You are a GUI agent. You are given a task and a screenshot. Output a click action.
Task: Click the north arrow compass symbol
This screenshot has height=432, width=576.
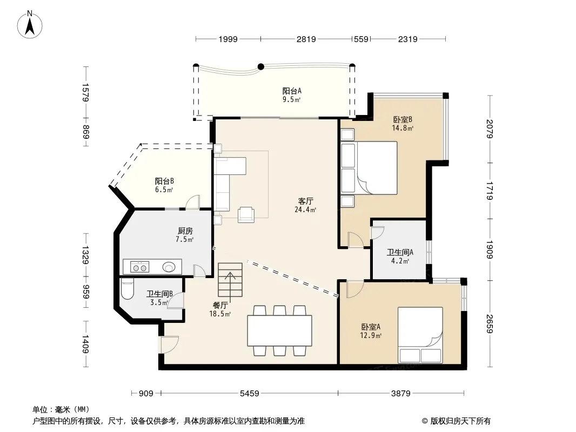pyautogui.click(x=30, y=25)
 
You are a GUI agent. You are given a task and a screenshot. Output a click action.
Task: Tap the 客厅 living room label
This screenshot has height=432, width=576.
pyautogui.click(x=305, y=201)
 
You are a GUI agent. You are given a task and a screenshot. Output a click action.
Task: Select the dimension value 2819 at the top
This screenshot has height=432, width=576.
pyautogui.click(x=306, y=39)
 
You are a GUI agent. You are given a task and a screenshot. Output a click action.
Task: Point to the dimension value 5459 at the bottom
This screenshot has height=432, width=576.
pyautogui.click(x=250, y=394)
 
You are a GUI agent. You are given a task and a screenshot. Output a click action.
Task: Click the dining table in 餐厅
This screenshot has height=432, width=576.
pyautogui.click(x=279, y=330)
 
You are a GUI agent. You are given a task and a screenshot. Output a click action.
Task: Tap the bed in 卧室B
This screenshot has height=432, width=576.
pyautogui.click(x=370, y=168)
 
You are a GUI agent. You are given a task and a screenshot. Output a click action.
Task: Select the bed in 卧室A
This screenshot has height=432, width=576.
pyautogui.click(x=420, y=335)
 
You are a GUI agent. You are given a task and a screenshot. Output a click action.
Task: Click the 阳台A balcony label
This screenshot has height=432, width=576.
pyautogui.click(x=292, y=91)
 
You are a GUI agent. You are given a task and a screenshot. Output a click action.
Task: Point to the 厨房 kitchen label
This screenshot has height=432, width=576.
pyautogui.click(x=185, y=231)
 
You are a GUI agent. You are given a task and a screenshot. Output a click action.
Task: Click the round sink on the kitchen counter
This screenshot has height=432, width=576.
pyautogui.click(x=169, y=267)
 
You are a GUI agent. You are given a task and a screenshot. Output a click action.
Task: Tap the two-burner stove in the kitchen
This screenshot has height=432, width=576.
pyautogui.click(x=139, y=267)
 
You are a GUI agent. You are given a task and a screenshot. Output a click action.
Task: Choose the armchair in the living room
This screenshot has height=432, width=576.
pyautogui.click(x=246, y=215)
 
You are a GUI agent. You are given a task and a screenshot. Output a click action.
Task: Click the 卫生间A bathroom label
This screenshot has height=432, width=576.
pyautogui.click(x=400, y=252)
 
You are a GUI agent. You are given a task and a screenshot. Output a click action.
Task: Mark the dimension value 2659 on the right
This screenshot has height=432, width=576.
pyautogui.click(x=490, y=323)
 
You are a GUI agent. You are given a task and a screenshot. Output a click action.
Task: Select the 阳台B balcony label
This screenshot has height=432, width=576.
pyautogui.click(x=164, y=181)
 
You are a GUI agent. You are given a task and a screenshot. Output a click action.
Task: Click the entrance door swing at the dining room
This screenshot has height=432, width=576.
pyautogui.click(x=170, y=345)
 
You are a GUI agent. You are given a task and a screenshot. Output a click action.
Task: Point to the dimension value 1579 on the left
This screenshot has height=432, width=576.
pyautogui.click(x=85, y=92)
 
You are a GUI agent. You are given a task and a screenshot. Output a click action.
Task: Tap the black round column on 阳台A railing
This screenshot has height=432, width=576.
pyautogui.click(x=261, y=66)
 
